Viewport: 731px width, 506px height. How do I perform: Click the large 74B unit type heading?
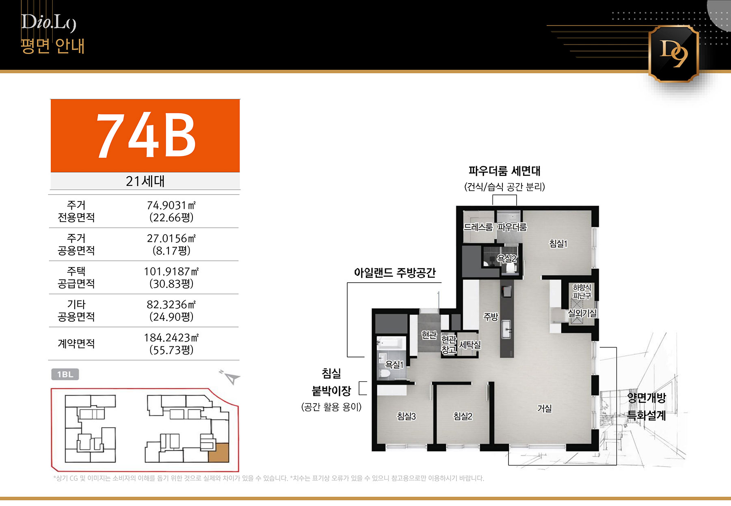[x=146, y=135]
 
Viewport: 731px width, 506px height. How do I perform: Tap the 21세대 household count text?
[x=145, y=181]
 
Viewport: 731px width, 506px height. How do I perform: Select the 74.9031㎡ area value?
[x=171, y=205]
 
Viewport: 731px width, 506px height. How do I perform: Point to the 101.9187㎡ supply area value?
[x=171, y=271]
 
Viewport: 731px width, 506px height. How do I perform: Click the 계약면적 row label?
[x=76, y=344]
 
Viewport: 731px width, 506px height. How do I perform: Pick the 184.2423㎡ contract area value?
[x=171, y=337]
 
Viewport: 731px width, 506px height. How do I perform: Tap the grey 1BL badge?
[x=65, y=374]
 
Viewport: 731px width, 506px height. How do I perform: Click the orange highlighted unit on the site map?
[x=218, y=453]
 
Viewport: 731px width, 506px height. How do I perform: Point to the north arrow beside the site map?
[x=231, y=377]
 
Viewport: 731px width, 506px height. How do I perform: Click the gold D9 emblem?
[x=673, y=54]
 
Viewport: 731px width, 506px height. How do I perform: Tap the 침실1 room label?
[x=558, y=244]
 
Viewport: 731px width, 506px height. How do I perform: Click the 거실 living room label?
[x=545, y=408]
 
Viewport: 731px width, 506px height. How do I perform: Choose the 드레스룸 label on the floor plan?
[x=478, y=227]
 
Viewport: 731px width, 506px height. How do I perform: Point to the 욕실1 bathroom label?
[x=394, y=365]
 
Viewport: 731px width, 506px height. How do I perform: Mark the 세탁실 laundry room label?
[x=470, y=345]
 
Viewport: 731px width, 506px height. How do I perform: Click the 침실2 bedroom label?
[x=463, y=416]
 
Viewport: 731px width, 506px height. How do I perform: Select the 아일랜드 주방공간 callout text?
[x=395, y=272]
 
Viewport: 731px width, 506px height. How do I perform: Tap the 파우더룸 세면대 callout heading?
[x=504, y=171]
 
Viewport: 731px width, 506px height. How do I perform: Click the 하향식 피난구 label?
[x=582, y=292]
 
